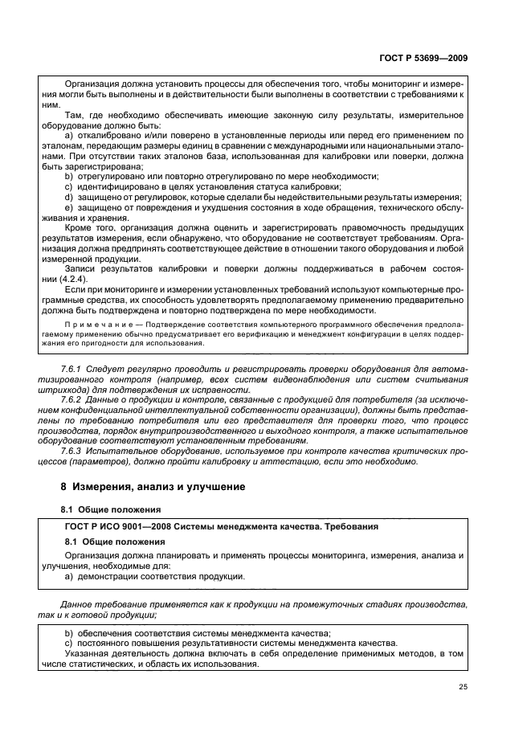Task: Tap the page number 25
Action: [464, 686]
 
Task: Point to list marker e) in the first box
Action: [68, 207]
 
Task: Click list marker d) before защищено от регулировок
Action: [68, 197]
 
